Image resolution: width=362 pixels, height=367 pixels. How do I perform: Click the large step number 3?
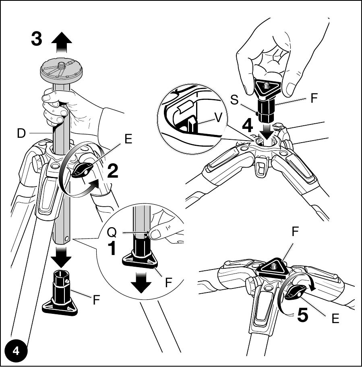coord(37,39)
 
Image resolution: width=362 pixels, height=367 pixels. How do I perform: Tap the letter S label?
coord(234,100)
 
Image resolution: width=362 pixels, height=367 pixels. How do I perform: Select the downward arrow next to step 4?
coord(267,131)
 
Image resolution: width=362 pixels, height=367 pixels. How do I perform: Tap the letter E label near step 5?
coord(335,319)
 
